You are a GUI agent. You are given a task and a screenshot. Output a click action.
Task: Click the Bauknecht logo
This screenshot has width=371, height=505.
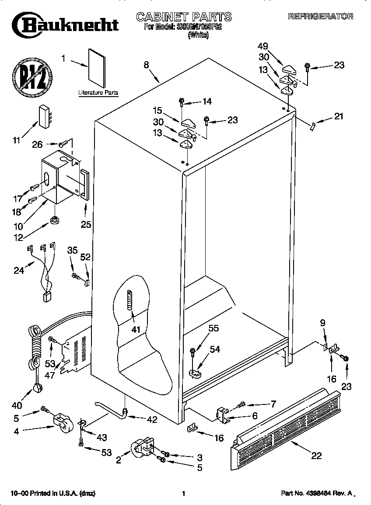66,24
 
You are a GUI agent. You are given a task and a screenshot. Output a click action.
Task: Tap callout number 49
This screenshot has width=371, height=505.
263,46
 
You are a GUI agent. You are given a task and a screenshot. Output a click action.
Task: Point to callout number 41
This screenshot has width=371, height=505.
136,329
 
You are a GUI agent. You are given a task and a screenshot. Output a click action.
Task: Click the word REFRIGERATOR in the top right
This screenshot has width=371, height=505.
320,17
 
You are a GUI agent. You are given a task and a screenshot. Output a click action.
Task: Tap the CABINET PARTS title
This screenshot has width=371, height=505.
184,17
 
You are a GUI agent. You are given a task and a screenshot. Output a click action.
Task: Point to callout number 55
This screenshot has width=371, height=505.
213,328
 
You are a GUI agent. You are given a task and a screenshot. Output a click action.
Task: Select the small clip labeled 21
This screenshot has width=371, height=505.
311,126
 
